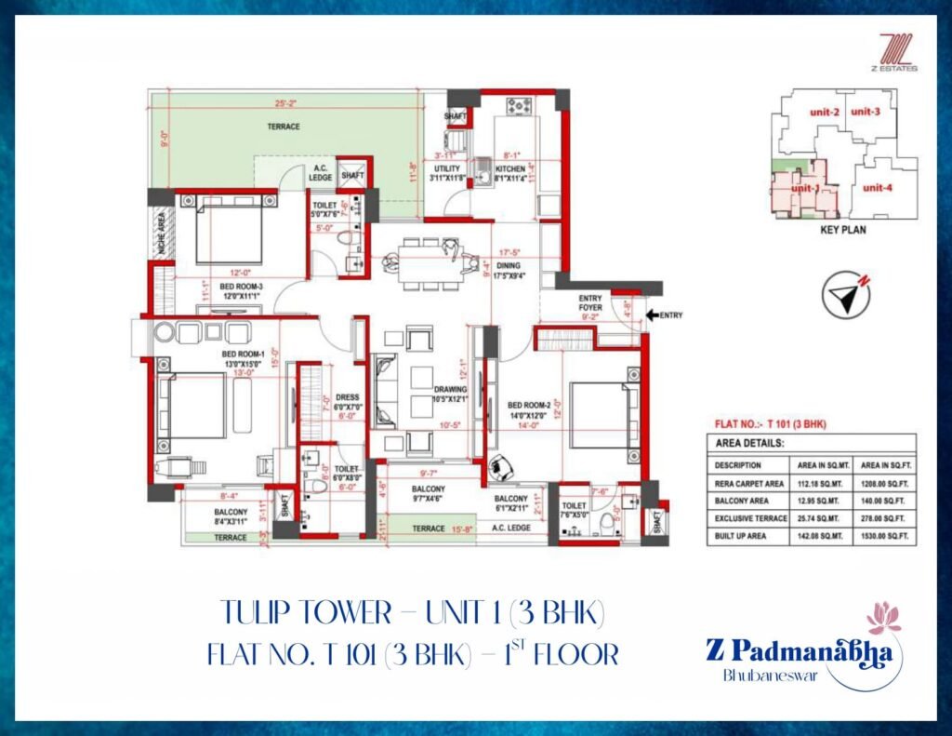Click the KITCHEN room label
[x=509, y=168]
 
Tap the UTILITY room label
[x=445, y=168]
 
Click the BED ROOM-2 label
[x=527, y=405]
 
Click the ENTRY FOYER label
[x=590, y=301]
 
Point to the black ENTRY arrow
[x=651, y=315]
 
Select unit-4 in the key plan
[x=878, y=188]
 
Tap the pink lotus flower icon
[x=880, y=617]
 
